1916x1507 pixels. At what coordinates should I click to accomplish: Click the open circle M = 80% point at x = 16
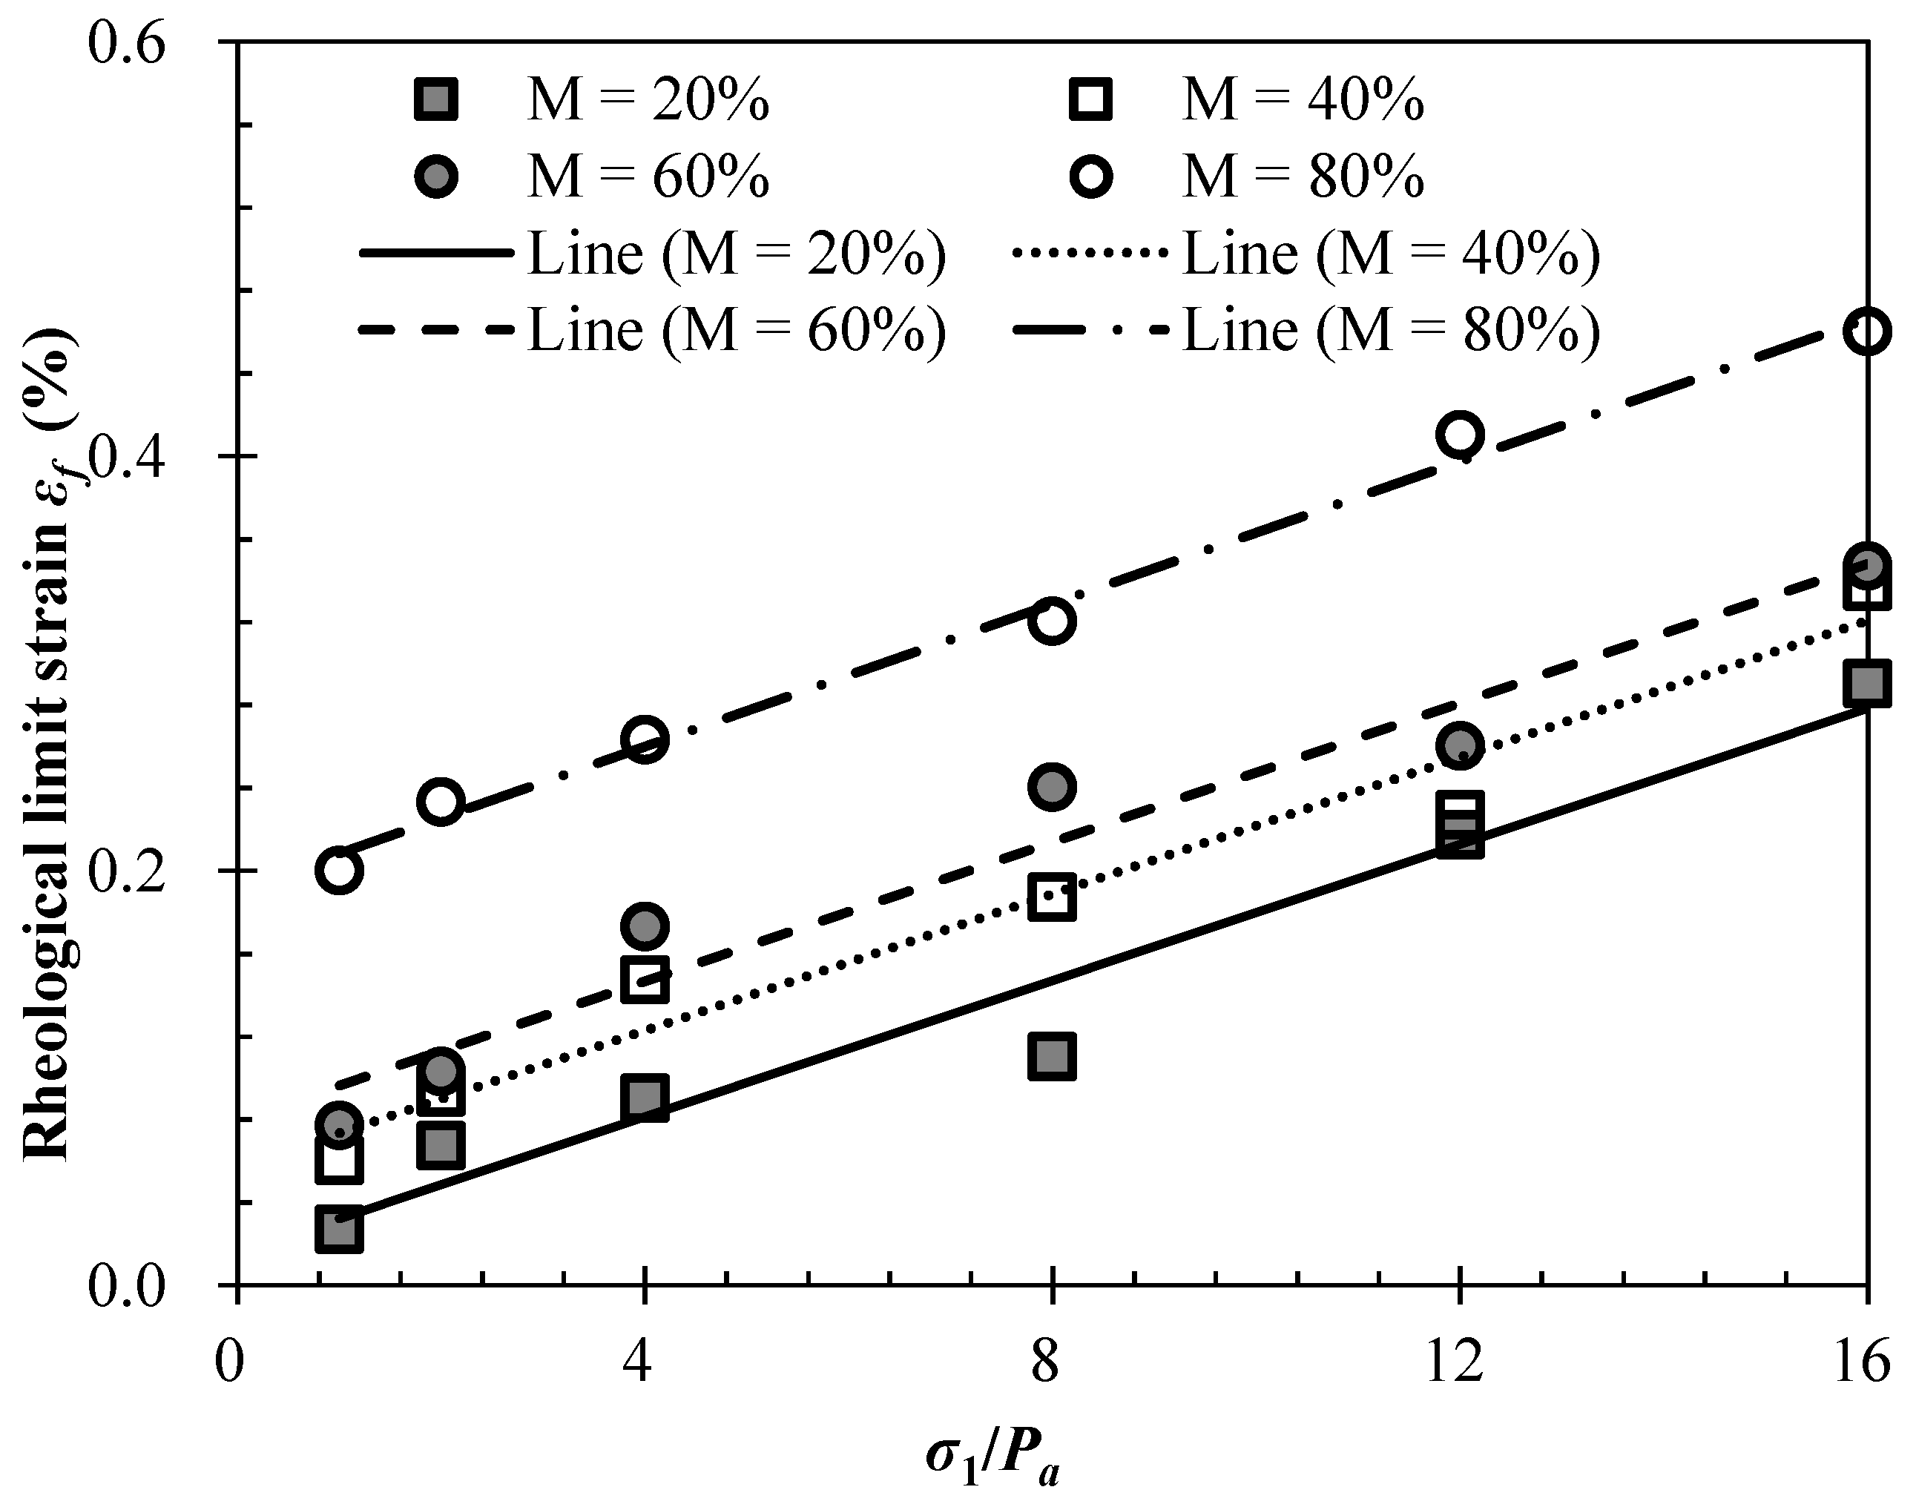(1866, 332)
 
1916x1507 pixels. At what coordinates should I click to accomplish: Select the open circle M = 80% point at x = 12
(1460, 434)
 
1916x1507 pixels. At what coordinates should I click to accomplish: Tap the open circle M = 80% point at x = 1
(339, 870)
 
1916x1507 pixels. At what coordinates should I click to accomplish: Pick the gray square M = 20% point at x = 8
(1052, 1057)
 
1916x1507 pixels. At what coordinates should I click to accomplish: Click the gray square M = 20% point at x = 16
(1866, 684)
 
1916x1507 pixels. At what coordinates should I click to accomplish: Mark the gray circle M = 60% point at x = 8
(1052, 786)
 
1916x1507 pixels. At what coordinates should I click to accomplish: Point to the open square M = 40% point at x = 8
(1052, 898)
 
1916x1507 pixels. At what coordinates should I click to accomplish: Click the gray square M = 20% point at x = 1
(339, 1230)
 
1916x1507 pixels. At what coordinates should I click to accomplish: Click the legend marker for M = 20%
(436, 99)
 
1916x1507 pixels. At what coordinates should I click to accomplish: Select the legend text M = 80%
(1303, 177)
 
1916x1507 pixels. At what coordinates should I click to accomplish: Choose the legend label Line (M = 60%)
(737, 330)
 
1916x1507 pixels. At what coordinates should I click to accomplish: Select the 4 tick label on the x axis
(637, 1363)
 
